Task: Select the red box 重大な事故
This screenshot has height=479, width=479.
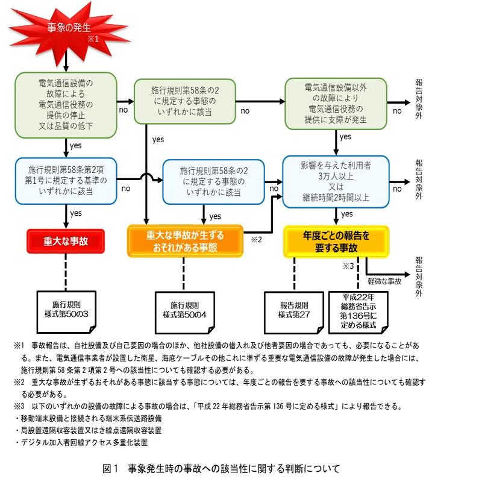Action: coord(66,242)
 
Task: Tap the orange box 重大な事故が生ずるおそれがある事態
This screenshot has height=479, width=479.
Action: coord(185,242)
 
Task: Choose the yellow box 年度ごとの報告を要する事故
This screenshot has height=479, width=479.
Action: coord(336,242)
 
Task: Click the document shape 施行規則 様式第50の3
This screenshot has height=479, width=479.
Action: coord(66,312)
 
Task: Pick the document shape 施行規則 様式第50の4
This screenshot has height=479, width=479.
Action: coord(185,313)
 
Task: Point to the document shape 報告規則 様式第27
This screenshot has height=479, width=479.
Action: coord(294,313)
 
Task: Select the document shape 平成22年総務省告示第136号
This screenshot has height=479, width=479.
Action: coord(358,312)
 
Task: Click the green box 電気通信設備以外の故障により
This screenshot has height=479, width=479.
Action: coord(336,104)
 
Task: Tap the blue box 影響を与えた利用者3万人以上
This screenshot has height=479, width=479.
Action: coord(336,182)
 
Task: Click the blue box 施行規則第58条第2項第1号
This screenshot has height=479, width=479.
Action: coord(66,181)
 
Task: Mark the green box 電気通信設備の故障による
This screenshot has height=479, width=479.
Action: coord(66,105)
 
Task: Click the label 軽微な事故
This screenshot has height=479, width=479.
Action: coord(384,281)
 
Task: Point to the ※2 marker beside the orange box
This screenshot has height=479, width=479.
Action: coord(257,240)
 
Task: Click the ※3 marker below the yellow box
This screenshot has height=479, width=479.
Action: coord(348,266)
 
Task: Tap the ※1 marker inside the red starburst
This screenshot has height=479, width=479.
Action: coord(93,39)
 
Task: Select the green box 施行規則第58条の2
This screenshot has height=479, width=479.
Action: coord(185,101)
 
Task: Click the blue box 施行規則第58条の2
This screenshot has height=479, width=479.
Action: coord(213,182)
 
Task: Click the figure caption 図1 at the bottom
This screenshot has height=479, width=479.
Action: coord(221,469)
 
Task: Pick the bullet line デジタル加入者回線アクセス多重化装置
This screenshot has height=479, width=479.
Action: coord(81,442)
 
